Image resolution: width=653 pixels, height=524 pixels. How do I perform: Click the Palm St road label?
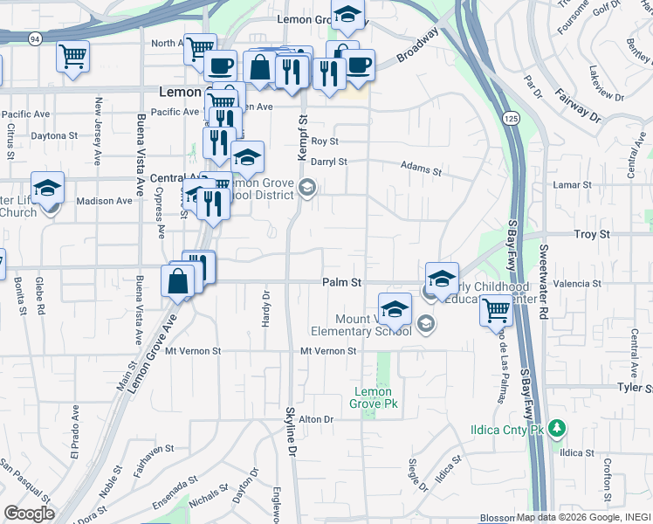pos(341,282)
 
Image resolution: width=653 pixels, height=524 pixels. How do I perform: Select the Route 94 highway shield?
pos(34,38)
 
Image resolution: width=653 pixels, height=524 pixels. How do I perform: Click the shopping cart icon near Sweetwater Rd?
pos(496,309)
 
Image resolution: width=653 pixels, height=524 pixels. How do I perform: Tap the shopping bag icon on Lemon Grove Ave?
pos(178,283)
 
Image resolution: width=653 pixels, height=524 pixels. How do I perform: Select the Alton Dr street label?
pos(316,419)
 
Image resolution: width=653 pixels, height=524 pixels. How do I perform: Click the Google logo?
pos(29,514)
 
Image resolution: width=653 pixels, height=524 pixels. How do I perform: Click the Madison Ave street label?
pos(104,201)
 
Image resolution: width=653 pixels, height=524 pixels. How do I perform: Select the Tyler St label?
pos(635,387)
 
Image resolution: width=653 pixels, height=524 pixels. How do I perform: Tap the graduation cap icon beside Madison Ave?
pos(47,188)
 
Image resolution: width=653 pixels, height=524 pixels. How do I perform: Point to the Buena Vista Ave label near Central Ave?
pos(140,156)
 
